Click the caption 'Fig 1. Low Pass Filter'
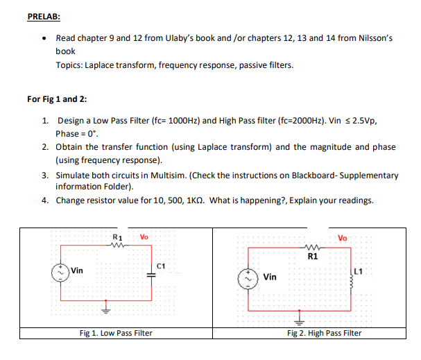pos(116,333)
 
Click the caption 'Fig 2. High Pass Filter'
pos(324,333)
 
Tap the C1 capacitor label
pos(161,265)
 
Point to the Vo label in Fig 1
pos(144,237)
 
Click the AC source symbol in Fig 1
pos(63,271)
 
